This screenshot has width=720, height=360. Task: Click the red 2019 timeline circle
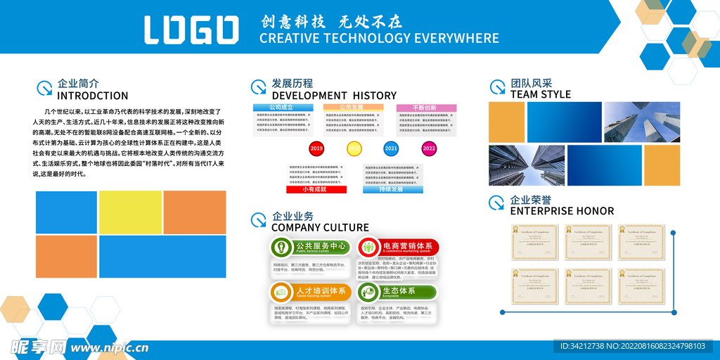click(316, 148)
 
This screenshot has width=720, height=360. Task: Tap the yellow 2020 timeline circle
click(354, 148)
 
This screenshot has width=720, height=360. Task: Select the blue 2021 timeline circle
click(391, 148)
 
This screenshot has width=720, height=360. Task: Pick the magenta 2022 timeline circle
click(429, 148)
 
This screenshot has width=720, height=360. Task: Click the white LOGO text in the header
click(191, 30)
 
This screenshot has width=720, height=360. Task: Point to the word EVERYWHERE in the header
click(456, 38)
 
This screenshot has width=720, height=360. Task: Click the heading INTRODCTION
click(92, 96)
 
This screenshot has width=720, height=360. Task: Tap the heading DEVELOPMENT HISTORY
click(334, 96)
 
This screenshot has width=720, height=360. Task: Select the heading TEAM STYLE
click(540, 94)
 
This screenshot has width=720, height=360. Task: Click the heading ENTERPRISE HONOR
click(562, 211)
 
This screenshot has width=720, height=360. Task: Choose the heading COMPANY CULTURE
click(320, 227)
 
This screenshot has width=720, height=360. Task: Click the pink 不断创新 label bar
click(426, 108)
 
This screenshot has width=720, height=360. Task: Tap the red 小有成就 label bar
click(316, 189)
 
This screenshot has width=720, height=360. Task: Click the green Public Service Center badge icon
click(282, 247)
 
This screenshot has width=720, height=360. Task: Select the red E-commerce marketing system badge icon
click(368, 247)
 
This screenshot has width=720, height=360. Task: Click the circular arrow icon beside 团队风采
click(497, 87)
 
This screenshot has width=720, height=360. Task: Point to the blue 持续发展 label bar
click(393, 189)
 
